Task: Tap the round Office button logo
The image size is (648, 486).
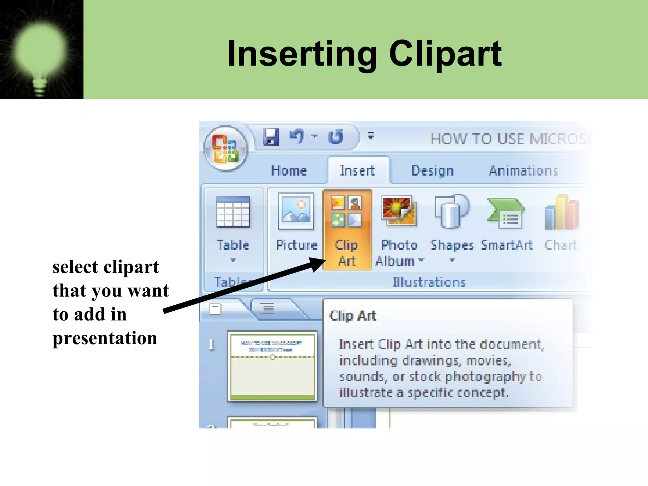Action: (x=225, y=148)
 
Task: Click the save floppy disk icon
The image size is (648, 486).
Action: (x=271, y=137)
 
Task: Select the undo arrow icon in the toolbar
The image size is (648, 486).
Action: (x=297, y=136)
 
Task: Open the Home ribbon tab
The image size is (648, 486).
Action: (x=289, y=171)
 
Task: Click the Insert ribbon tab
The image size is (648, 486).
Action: (x=357, y=171)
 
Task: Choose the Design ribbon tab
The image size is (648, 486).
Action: (x=432, y=171)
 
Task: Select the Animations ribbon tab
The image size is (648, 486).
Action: (x=523, y=171)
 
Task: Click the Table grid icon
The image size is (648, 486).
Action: (x=233, y=212)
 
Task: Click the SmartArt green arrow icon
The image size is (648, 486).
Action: (x=506, y=213)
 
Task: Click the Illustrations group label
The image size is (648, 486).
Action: (x=429, y=282)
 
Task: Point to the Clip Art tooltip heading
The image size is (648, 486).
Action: (x=353, y=316)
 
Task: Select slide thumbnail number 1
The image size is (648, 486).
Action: (x=272, y=366)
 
